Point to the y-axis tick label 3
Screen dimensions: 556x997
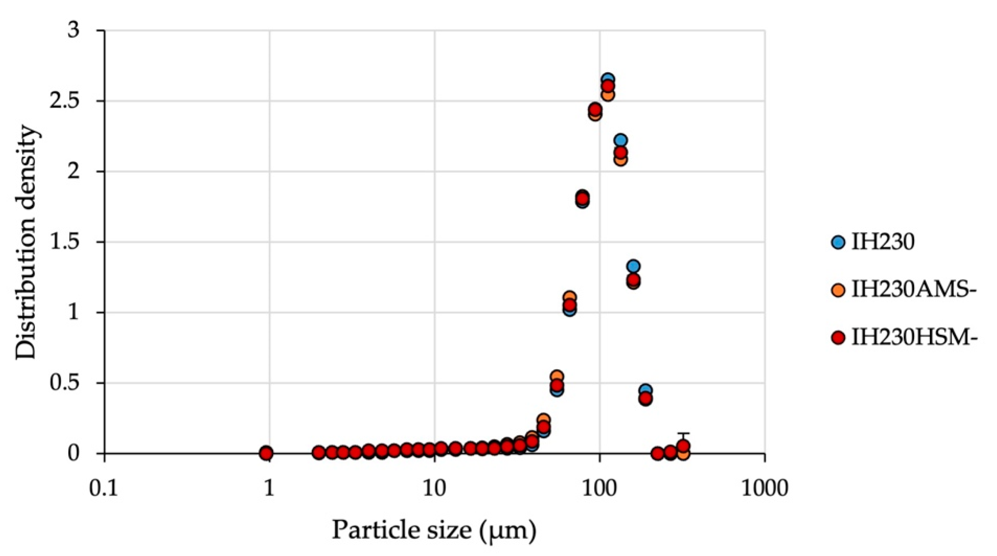[x=74, y=31]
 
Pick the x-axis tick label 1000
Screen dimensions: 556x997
[x=765, y=488]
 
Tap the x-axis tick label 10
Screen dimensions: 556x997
[x=435, y=488]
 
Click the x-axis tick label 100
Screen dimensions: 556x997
[x=600, y=488]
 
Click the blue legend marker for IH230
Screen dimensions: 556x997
[x=838, y=242]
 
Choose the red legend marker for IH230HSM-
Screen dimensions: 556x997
[x=838, y=338]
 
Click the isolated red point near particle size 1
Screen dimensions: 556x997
[x=266, y=453]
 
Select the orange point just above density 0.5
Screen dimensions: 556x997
[x=557, y=377]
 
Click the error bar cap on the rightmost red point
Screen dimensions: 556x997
[x=684, y=433]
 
